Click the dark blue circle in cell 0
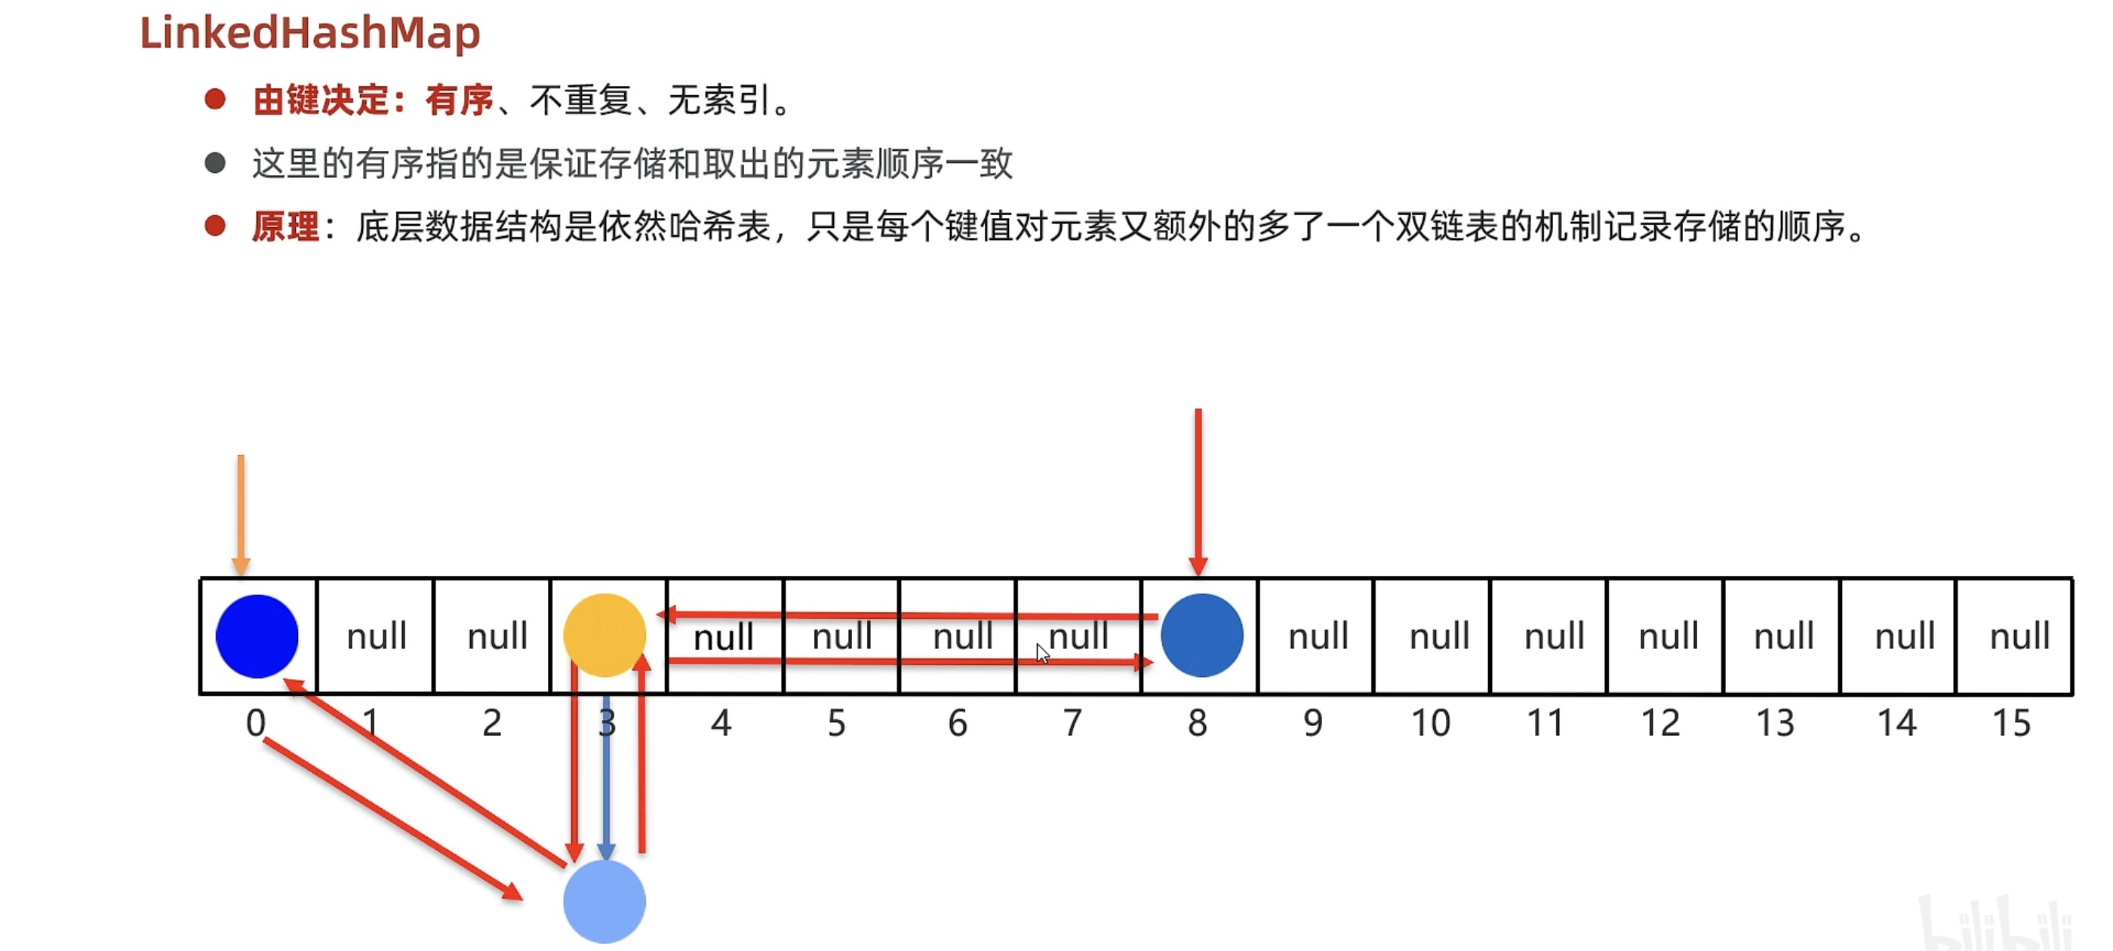257,636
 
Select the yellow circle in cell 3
604,634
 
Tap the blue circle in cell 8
1201,636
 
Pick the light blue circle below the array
604,901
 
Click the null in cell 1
377,636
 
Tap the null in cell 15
2019,636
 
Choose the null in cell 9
1318,636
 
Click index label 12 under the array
1660,723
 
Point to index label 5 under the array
836,723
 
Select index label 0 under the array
256,723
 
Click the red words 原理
285,226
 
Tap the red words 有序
460,100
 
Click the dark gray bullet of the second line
215,162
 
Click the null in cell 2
497,636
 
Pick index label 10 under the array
1431,723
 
